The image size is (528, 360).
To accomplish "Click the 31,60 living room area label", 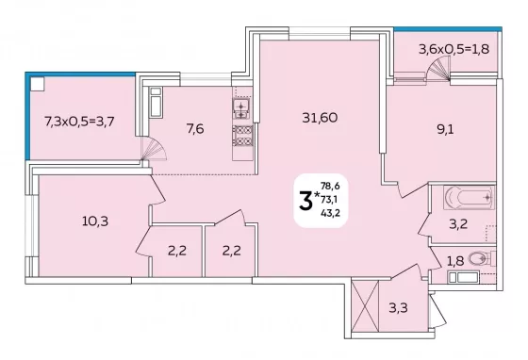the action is [320, 118].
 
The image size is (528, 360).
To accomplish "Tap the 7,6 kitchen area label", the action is [195, 128].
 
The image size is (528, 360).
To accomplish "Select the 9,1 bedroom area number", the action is [445, 129].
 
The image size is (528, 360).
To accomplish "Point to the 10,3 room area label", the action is [95, 221].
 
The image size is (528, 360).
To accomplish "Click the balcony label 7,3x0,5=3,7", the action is [79, 122].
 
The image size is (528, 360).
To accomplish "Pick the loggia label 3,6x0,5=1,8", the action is [454, 49].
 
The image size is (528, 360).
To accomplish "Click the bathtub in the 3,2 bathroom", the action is [470, 198].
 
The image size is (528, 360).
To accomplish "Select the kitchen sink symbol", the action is [241, 108].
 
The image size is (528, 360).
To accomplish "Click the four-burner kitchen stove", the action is [243, 136].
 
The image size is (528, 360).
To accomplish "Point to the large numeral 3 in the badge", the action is [305, 201].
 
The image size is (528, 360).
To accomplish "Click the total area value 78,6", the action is [330, 186].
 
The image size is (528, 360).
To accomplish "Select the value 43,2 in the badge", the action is [330, 213].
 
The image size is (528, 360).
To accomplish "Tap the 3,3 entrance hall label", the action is [398, 307].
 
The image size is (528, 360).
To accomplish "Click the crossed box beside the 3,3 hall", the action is [365, 306].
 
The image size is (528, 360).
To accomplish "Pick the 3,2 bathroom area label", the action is [458, 223].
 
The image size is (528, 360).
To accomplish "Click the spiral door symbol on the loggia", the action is [438, 68].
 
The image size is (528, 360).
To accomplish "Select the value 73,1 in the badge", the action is [330, 200].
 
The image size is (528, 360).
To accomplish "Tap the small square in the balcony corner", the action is [38, 84].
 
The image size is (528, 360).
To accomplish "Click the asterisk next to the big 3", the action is [317, 194].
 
